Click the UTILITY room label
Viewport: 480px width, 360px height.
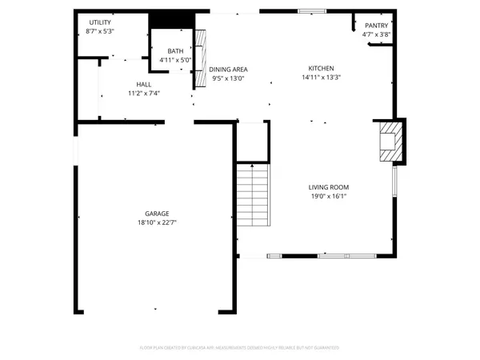click(100, 22)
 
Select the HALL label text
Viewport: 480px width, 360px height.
click(144, 84)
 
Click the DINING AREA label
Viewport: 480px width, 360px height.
click(228, 70)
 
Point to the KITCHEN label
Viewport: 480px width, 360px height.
click(322, 69)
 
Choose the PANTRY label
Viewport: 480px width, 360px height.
click(376, 26)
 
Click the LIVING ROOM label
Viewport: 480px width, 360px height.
click(328, 187)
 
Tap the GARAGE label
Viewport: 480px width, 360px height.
click(156, 214)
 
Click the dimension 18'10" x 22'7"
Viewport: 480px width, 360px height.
click(156, 222)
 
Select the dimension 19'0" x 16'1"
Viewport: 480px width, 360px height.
click(328, 196)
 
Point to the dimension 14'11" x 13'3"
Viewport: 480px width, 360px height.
click(322, 78)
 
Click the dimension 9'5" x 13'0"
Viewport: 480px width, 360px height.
click(228, 78)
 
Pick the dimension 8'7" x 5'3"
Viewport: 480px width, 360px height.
click(100, 31)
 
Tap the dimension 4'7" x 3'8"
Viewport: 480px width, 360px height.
click(376, 34)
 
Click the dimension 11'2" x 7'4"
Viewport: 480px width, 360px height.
click(144, 93)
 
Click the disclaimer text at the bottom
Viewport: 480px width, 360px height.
click(239, 348)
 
